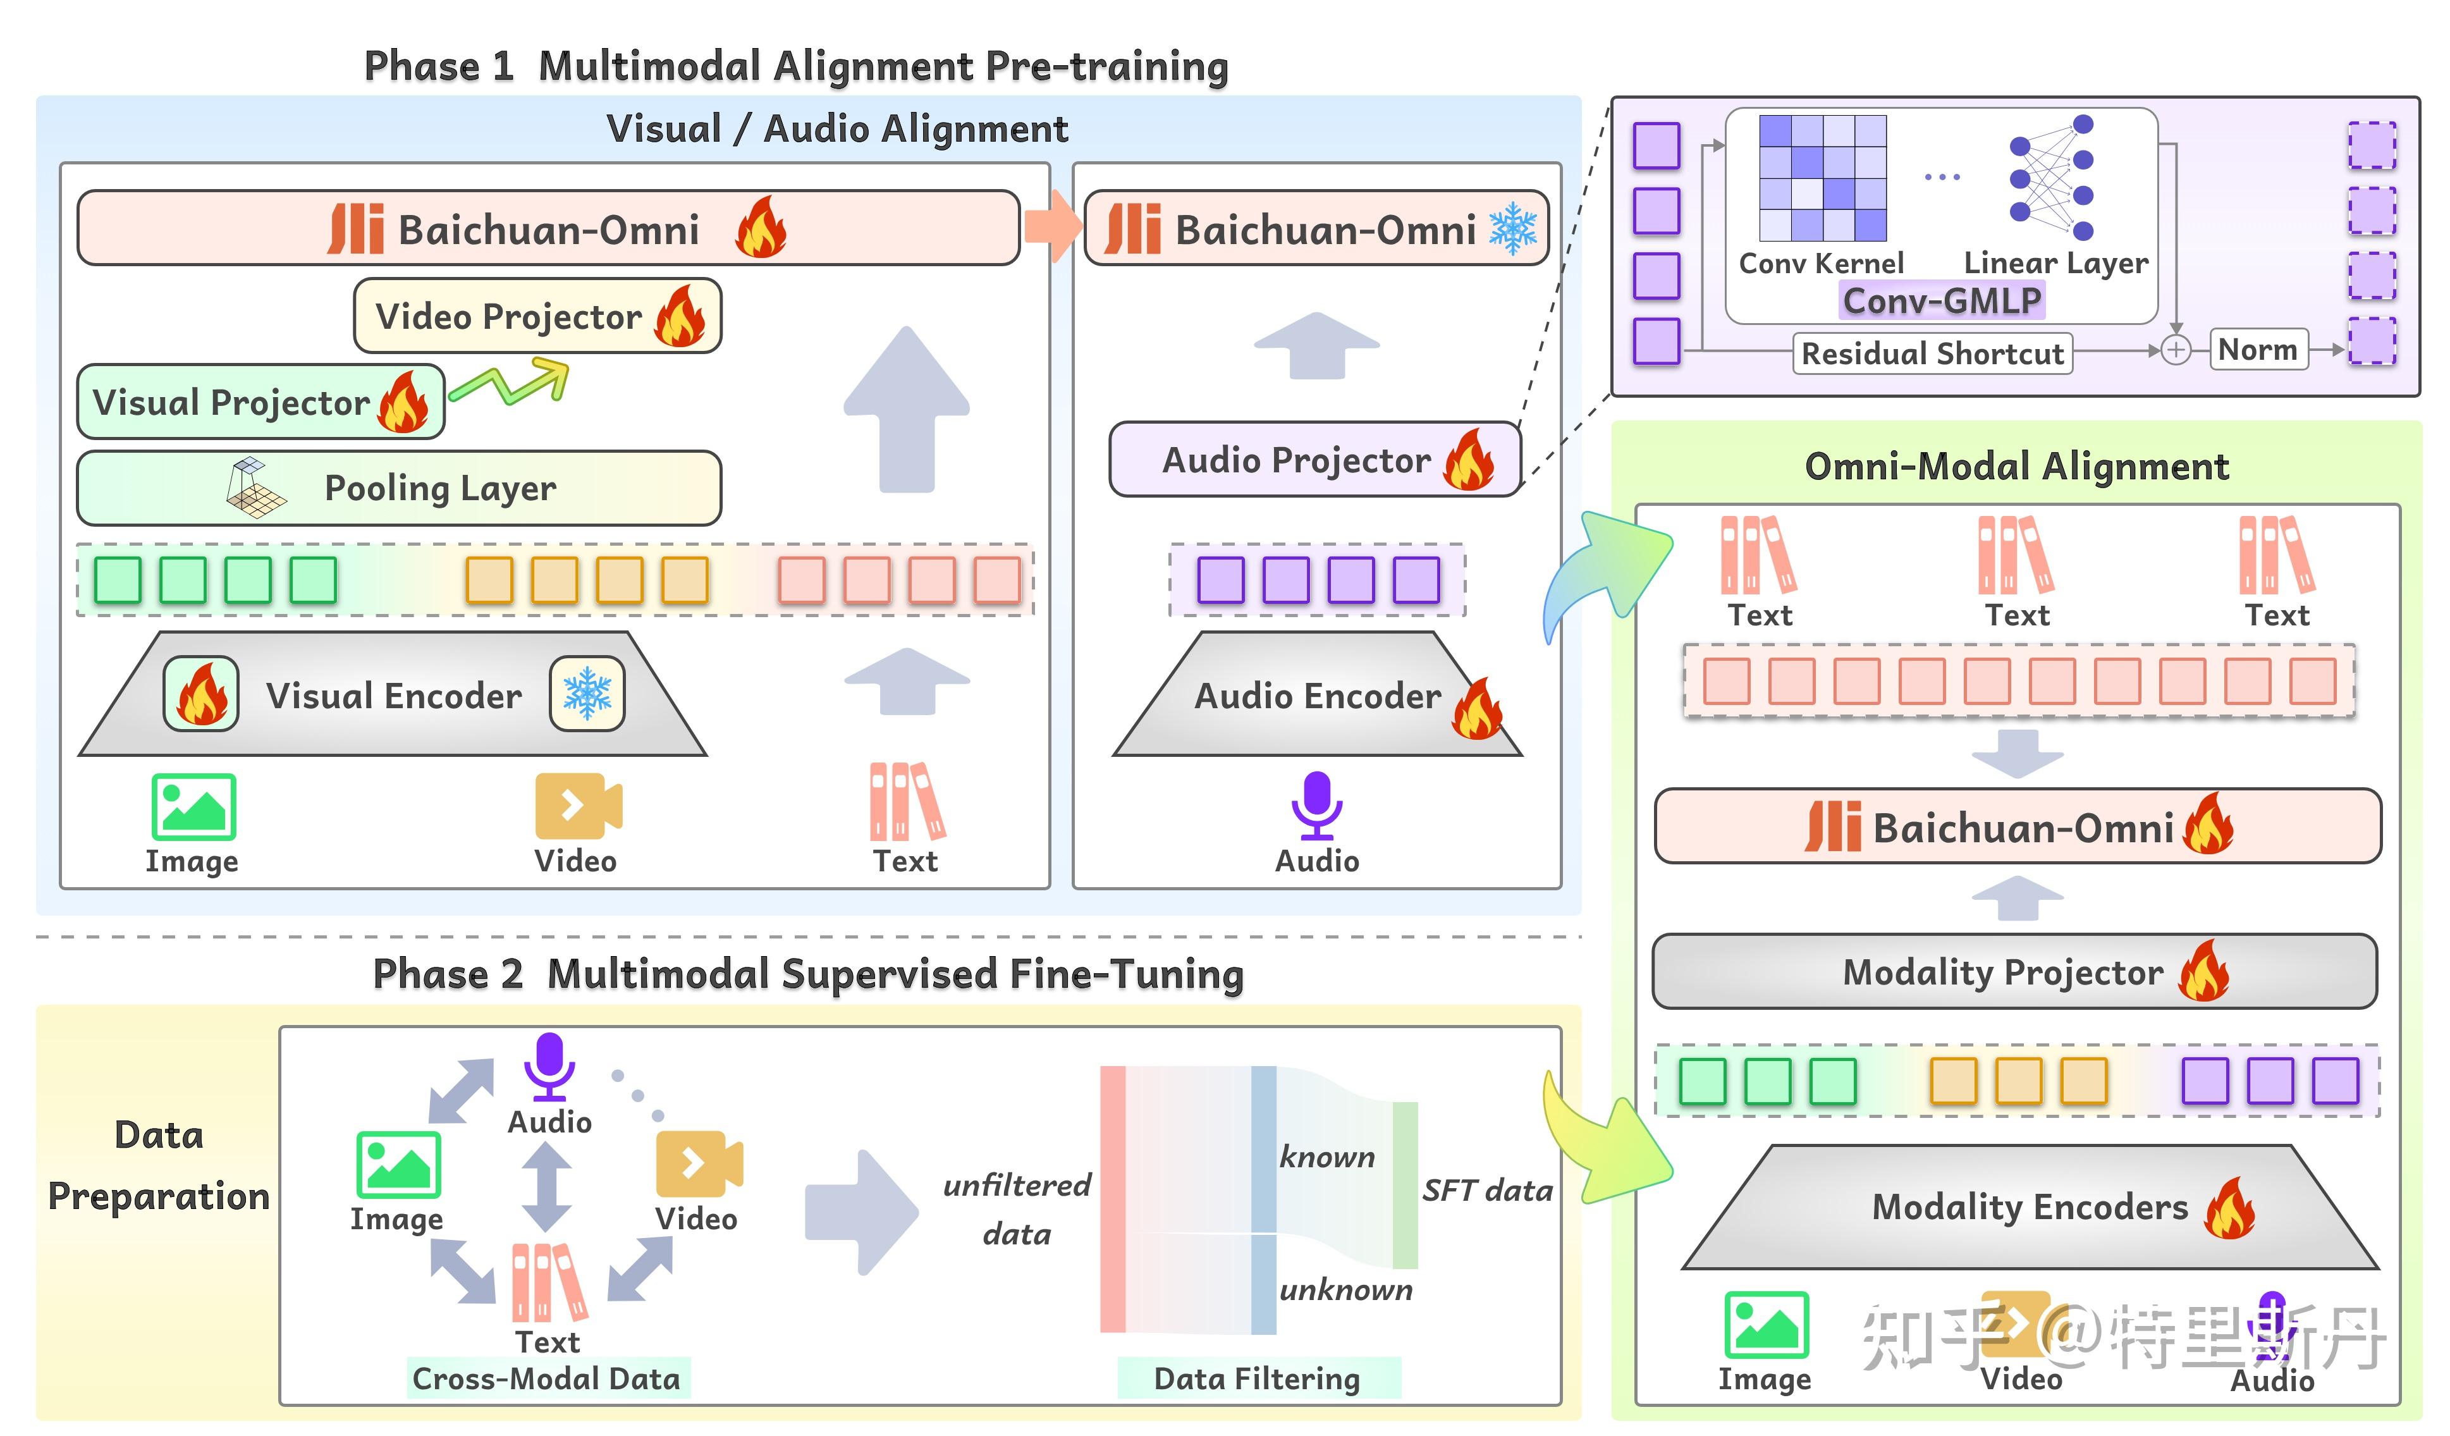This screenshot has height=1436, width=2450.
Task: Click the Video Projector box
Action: [x=537, y=316]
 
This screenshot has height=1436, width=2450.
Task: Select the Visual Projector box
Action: [x=260, y=402]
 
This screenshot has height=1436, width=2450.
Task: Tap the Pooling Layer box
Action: [x=398, y=488]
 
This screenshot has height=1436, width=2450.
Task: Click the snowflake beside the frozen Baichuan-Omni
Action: [x=1513, y=228]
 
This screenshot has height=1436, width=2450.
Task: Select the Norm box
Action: [x=2258, y=349]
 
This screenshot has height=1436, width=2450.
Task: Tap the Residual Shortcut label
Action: [x=1932, y=353]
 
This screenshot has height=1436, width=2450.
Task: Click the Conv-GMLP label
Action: [x=1942, y=300]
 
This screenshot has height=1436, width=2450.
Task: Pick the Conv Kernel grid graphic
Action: [x=1823, y=178]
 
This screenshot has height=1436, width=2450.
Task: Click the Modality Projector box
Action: [x=2014, y=971]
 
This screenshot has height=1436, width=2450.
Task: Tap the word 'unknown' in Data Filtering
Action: [x=1345, y=1289]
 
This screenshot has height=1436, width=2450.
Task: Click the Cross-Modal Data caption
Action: [x=548, y=1378]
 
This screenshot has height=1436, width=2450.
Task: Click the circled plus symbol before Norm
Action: [x=2176, y=350]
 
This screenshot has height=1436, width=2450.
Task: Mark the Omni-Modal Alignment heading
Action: [x=2016, y=467]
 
